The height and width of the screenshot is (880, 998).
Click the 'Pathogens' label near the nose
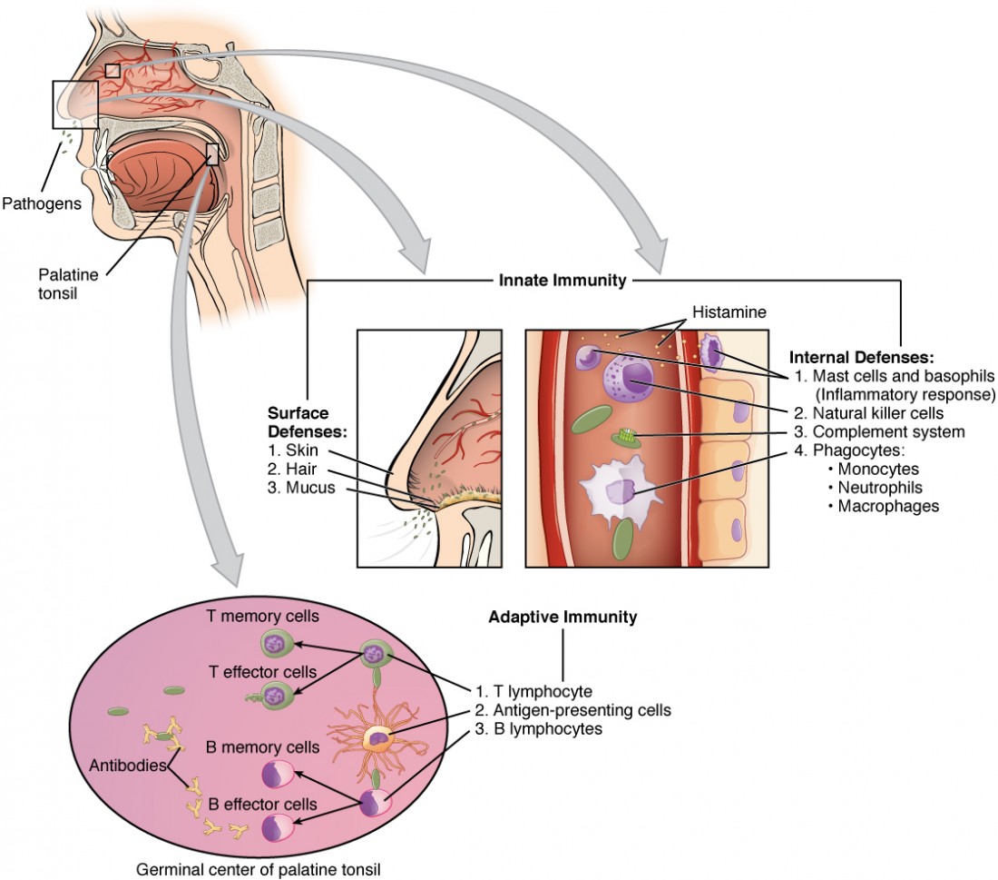pyautogui.click(x=42, y=203)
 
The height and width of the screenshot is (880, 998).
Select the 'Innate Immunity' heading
pyautogui.click(x=563, y=281)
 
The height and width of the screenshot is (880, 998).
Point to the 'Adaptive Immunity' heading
pyautogui.click(x=563, y=617)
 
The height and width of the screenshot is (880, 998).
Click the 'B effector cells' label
pyautogui.click(x=263, y=804)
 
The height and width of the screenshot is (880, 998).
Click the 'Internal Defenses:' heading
pyautogui.click(x=860, y=356)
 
